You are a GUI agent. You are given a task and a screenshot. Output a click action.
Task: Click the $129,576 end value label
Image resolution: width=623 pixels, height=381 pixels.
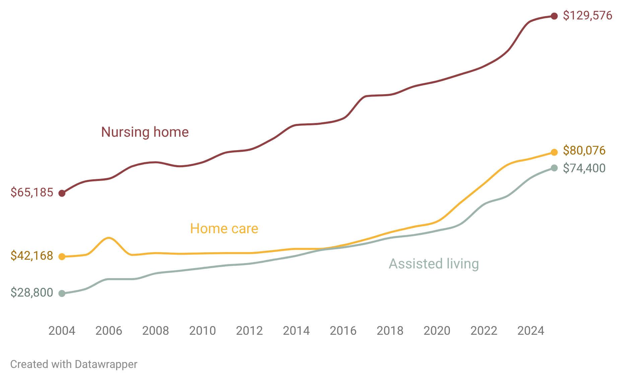[587, 16]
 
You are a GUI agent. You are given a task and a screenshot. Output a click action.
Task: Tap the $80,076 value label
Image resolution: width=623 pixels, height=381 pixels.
[584, 150]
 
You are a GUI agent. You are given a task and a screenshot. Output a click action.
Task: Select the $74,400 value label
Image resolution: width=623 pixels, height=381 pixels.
[584, 168]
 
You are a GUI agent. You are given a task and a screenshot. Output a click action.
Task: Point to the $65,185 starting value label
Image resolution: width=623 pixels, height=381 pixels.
[32, 192]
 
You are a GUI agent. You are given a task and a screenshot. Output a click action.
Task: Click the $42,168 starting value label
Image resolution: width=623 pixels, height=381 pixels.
[32, 256]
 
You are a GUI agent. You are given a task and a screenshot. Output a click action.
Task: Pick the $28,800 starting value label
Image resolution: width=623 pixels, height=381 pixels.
[32, 293]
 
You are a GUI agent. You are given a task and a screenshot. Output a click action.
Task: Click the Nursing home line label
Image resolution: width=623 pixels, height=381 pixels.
[145, 132]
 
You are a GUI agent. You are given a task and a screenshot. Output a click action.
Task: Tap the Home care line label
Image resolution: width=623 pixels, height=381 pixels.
[224, 229]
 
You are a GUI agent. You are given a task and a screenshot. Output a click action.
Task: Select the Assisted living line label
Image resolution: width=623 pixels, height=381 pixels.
[434, 264]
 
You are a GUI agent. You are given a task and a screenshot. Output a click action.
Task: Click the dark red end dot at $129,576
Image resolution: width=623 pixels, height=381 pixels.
[554, 16]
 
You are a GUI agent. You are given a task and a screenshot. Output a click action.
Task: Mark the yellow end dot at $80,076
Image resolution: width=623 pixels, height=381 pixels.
[554, 152]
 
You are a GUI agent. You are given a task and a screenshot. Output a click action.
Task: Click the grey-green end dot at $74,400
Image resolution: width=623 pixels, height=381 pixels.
[554, 168]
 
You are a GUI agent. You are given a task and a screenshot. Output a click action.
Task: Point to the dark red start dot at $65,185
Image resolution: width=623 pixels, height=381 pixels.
[62, 193]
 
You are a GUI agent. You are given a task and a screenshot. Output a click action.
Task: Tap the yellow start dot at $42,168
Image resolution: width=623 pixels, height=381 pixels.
[62, 257]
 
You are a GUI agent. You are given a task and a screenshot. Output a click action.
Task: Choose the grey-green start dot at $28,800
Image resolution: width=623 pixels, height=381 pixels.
[62, 294]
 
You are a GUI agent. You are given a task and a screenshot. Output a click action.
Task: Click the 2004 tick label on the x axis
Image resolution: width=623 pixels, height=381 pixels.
[62, 331]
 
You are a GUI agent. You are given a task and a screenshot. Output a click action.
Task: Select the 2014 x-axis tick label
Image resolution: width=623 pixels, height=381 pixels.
[296, 331]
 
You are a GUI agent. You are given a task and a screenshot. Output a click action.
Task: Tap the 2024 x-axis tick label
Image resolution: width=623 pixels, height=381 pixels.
[531, 331]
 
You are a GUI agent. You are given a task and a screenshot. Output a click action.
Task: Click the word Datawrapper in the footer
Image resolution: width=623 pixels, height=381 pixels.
[106, 364]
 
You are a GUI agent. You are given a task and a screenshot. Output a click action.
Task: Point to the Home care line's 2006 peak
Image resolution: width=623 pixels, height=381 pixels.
[109, 238]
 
